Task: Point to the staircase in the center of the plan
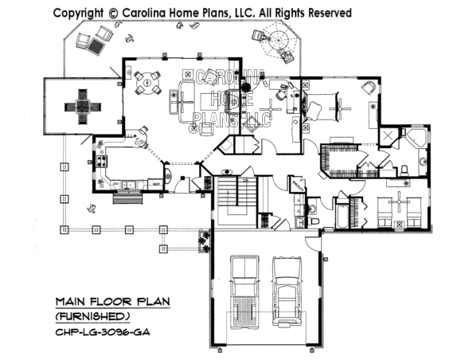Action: click(228, 194)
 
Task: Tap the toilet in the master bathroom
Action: click(405, 169)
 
